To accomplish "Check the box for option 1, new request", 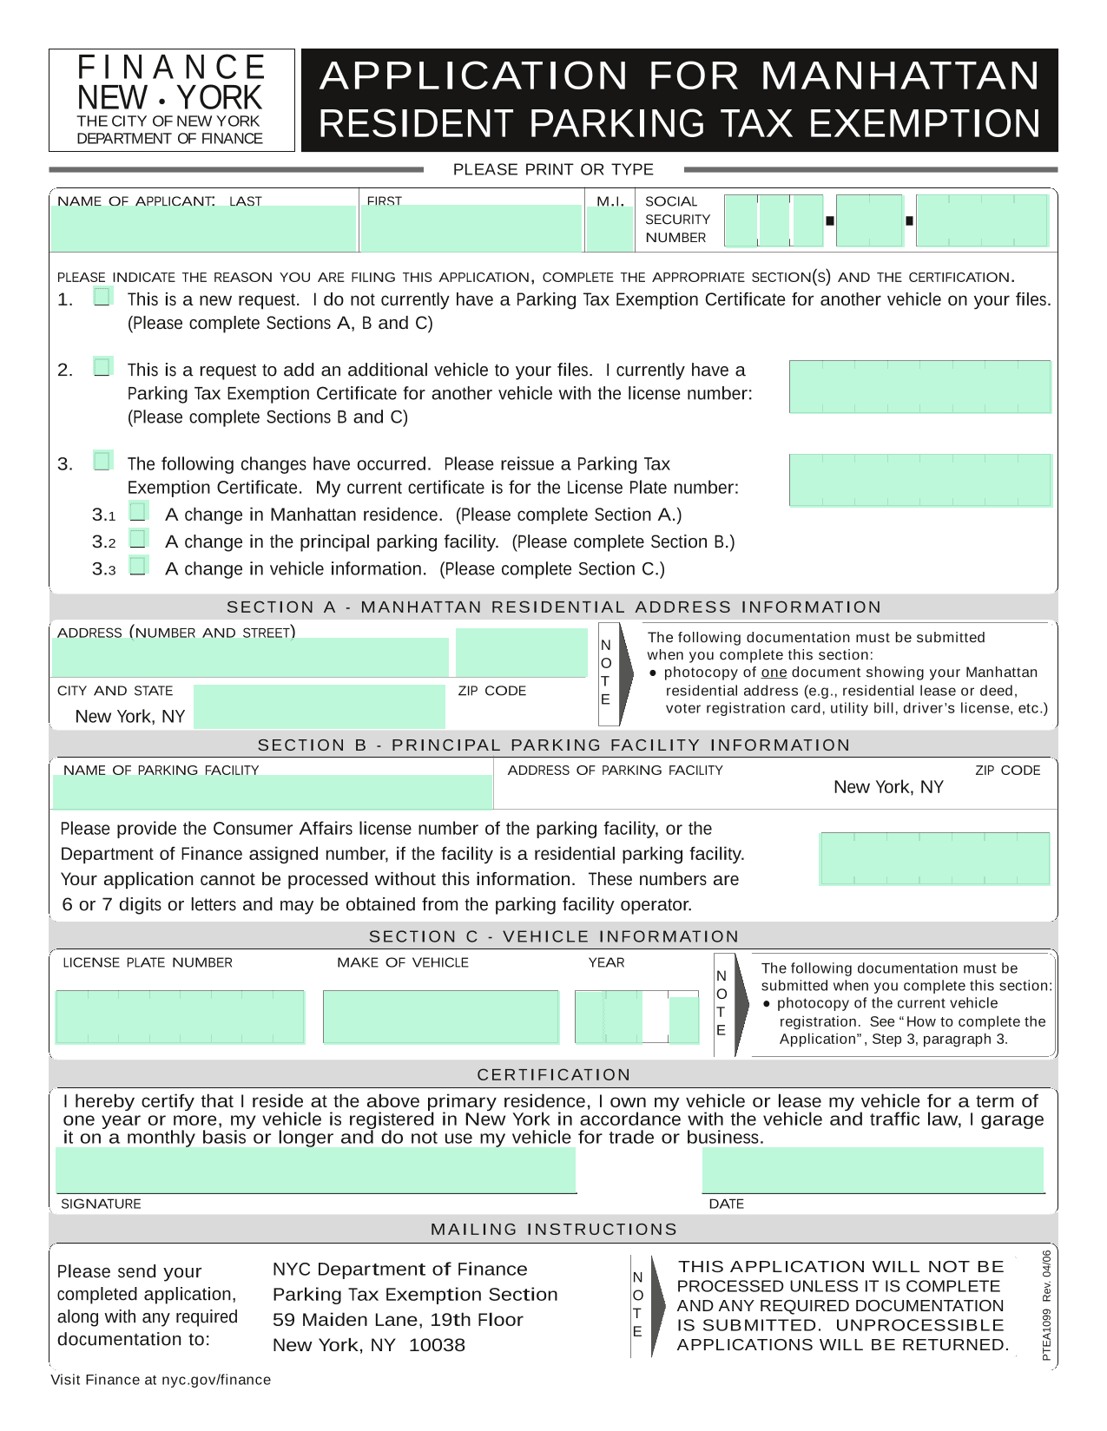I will [x=103, y=297].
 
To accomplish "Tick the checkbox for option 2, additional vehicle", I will [x=103, y=367].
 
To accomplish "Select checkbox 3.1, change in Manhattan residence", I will [x=138, y=511].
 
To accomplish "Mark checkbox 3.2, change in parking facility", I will [x=138, y=539].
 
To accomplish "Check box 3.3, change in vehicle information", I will [x=138, y=566].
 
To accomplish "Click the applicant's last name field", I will [x=204, y=229].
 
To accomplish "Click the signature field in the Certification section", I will [x=316, y=1170].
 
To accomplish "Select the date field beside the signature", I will [x=873, y=1170].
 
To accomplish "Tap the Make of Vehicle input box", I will [x=441, y=1016].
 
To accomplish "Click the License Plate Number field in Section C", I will [x=181, y=1016].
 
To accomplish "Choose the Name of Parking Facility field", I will [x=273, y=791].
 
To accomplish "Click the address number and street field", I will [x=250, y=657].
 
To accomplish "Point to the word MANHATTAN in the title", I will [x=900, y=75].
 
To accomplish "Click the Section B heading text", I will [x=553, y=745].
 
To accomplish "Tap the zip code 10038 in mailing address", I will [x=437, y=1345].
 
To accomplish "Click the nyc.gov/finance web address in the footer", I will [x=216, y=1380].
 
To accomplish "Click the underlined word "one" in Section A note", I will [x=774, y=673].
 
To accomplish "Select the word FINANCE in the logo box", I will [x=172, y=68].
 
